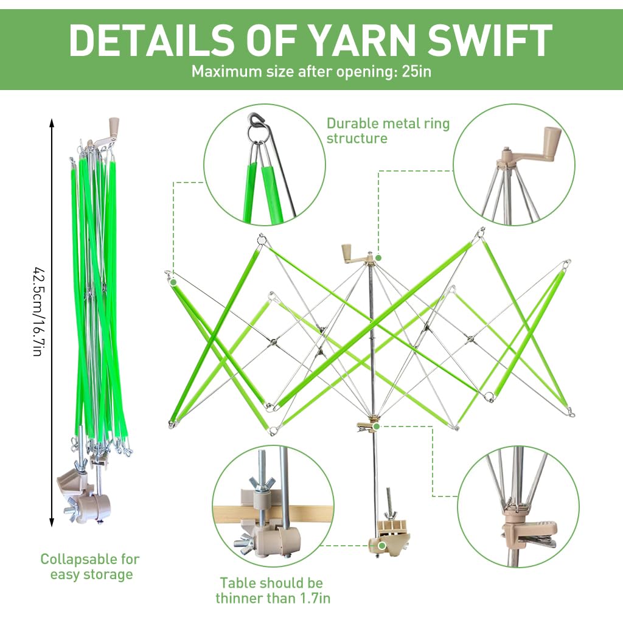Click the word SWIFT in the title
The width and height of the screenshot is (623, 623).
point(490,40)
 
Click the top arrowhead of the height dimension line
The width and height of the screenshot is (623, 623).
point(52,121)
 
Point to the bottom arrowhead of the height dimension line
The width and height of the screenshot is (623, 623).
point(52,523)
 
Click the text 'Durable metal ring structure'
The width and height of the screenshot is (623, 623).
point(388,131)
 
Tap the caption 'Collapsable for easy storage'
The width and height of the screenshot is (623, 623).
point(91,566)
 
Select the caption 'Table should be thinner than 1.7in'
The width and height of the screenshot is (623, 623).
point(273,590)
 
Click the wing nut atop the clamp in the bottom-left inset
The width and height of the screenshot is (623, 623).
point(262,484)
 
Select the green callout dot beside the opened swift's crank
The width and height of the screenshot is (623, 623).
point(378,258)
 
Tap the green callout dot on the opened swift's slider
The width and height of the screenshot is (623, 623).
point(376,426)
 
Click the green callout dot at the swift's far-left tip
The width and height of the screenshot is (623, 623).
point(173,282)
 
